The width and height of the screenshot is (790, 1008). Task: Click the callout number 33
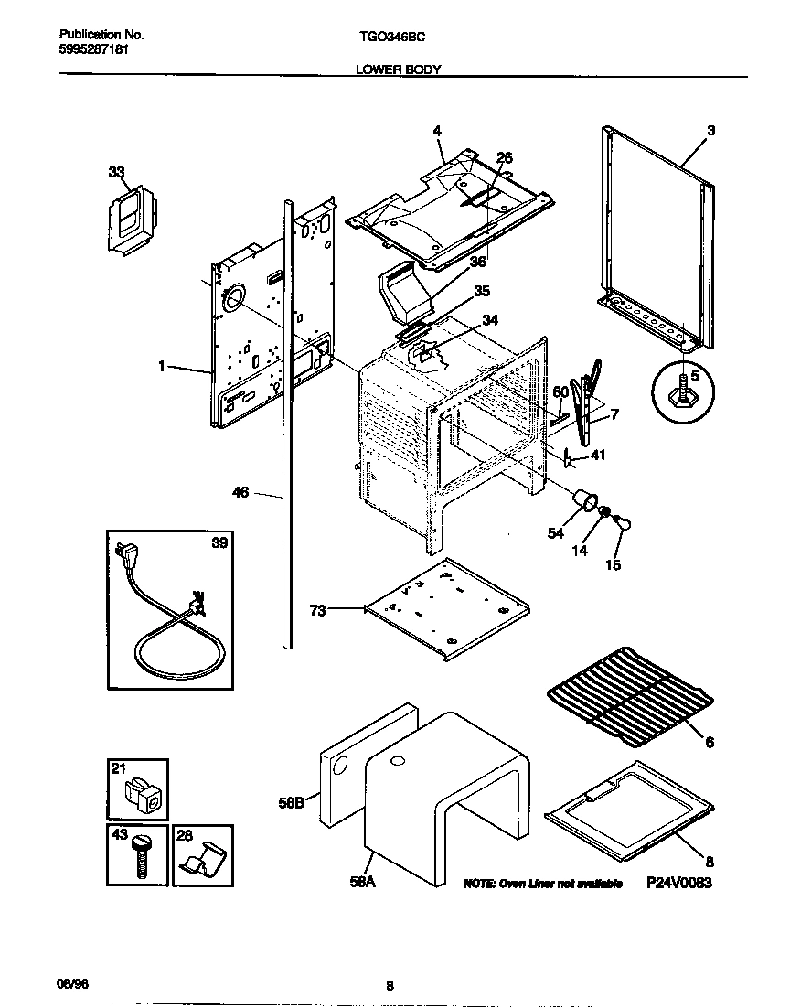116,171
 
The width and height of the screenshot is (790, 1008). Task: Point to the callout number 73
317,610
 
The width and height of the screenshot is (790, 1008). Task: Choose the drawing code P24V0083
678,883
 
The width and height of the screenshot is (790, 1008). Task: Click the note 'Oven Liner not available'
543,884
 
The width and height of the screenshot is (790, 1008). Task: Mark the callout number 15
613,564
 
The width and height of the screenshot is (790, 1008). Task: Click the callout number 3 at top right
710,131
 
